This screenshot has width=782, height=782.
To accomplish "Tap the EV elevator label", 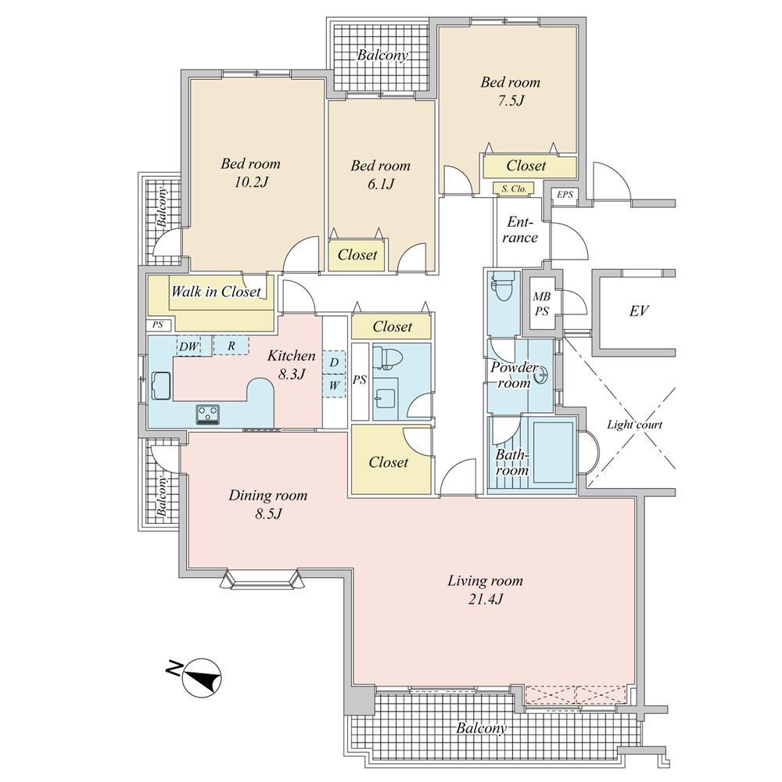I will (x=639, y=311).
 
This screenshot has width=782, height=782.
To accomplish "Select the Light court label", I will (x=634, y=425).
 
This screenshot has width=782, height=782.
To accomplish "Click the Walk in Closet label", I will (x=215, y=292).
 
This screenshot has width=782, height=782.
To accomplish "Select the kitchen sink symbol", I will (x=162, y=386).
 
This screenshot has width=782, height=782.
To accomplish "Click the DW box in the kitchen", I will (x=188, y=346).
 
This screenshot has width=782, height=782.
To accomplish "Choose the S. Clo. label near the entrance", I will (x=513, y=188).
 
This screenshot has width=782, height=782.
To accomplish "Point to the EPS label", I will (x=564, y=194).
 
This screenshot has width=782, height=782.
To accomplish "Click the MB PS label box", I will (x=540, y=303).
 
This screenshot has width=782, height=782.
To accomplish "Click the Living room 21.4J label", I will (x=485, y=590).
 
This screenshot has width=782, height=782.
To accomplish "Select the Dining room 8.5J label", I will (x=267, y=504).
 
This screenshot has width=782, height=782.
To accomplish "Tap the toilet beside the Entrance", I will (x=503, y=289).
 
